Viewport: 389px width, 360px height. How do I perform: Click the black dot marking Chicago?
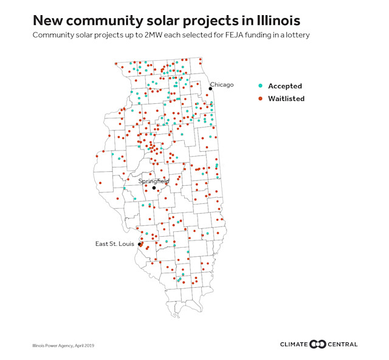point(210,89)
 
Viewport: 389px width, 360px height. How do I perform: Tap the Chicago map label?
point(222,84)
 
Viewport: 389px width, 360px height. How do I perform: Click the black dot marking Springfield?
point(154,188)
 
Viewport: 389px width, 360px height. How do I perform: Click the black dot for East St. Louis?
point(140,245)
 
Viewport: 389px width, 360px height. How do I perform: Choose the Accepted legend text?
point(285,86)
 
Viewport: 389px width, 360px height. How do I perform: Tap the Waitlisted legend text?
point(286,98)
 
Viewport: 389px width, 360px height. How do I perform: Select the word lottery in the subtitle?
point(297,36)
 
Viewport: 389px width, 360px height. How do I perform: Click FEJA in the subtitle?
point(229,36)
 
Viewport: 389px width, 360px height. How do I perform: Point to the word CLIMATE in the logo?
point(294,344)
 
